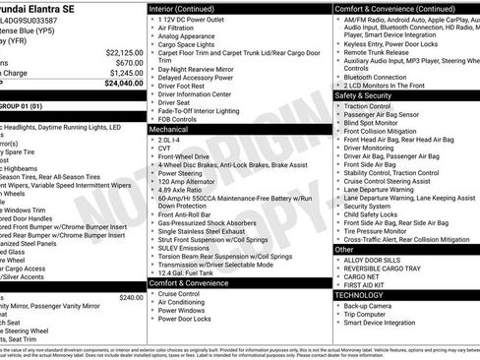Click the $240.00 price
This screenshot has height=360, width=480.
coord(130,296)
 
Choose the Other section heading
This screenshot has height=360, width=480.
coord(344,250)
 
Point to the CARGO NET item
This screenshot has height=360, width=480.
coord(363,276)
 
